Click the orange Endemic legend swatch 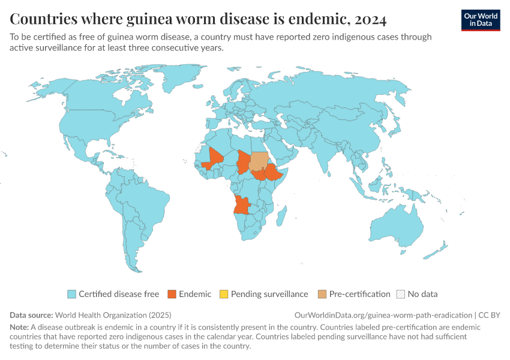coord(172,294)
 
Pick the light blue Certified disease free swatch coord(71,294)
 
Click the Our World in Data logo coord(481,20)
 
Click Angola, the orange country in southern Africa coord(242,205)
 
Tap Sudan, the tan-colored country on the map coord(259,161)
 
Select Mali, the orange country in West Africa coord(214,158)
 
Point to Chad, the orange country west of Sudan coord(244,161)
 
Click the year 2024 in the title coord(371,20)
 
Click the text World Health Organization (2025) coord(113,315)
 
